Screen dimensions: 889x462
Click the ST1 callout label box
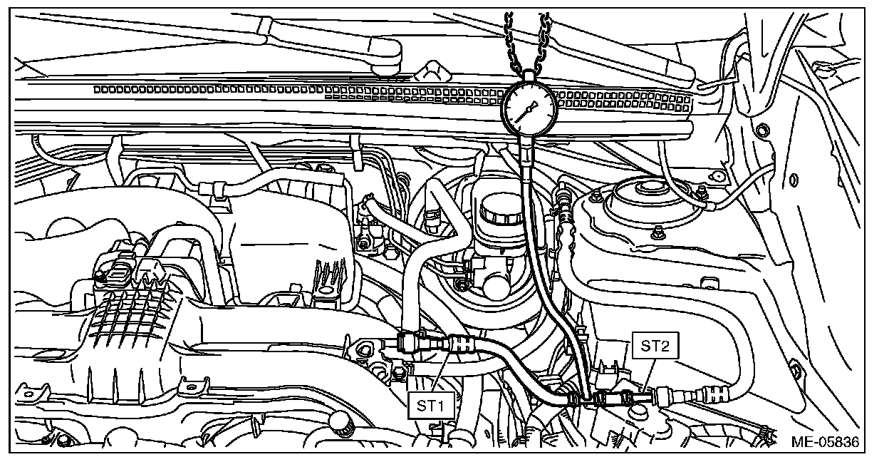point(431,405)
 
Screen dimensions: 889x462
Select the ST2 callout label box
point(655,346)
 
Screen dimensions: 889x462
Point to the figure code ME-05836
point(826,441)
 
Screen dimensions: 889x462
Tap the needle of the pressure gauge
point(526,112)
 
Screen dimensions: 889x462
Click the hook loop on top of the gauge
point(529,76)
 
